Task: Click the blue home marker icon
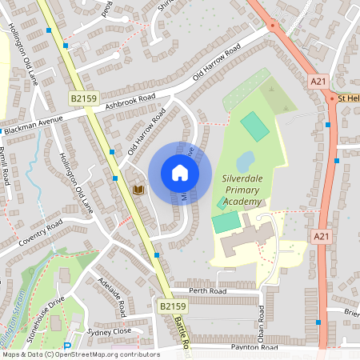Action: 180,173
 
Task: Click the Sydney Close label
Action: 109,330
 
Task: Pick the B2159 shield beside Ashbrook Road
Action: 83,98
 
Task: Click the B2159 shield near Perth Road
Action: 172,306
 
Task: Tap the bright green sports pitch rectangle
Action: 255,126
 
